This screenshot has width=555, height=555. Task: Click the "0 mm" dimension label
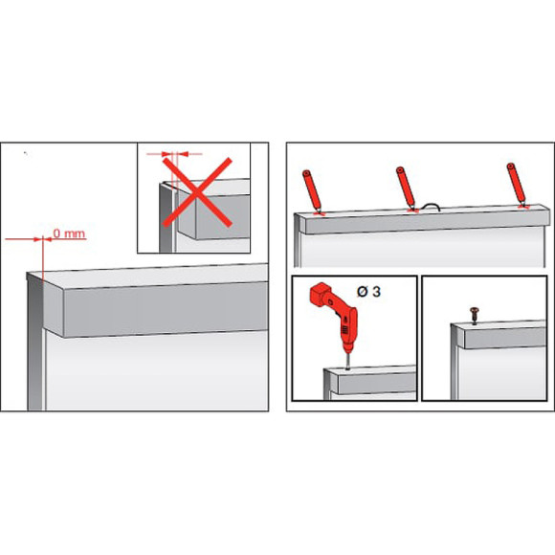pos(69,233)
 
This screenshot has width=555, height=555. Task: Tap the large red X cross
pos(197,192)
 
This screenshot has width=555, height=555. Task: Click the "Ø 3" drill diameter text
pos(368,292)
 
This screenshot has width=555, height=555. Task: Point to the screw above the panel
pos(474,315)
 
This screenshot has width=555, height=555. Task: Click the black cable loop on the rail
pos(430,207)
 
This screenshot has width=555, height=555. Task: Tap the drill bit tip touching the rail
pos(347,368)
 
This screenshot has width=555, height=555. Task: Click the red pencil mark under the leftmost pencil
pos(321,213)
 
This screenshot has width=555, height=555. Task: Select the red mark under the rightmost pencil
pos(523,206)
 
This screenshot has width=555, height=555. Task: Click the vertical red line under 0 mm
pos(43,259)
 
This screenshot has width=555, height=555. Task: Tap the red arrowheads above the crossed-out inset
pos(174,154)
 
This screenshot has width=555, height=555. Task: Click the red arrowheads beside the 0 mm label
pos(43,239)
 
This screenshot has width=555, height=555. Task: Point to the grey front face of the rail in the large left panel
pos(166,309)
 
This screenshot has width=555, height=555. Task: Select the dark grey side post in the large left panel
pos(35,345)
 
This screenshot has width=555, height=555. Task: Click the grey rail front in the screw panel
pos(505,338)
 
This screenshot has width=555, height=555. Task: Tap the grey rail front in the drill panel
pos(377,384)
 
